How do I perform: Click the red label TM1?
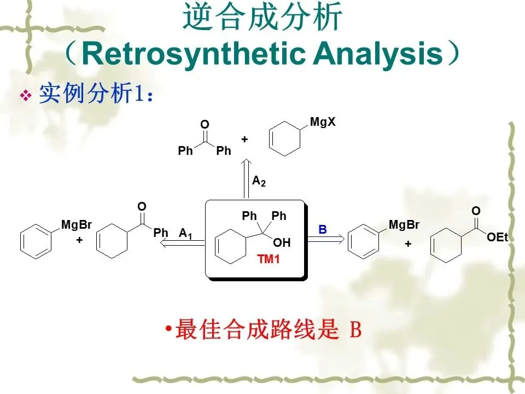[x=269, y=259]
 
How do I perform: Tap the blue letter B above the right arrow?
[x=323, y=230]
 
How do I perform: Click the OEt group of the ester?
[x=497, y=237]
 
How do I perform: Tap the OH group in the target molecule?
[x=282, y=242]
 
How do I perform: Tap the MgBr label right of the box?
[x=404, y=224]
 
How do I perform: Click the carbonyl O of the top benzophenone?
[x=205, y=125]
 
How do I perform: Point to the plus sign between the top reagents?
[x=244, y=140]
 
